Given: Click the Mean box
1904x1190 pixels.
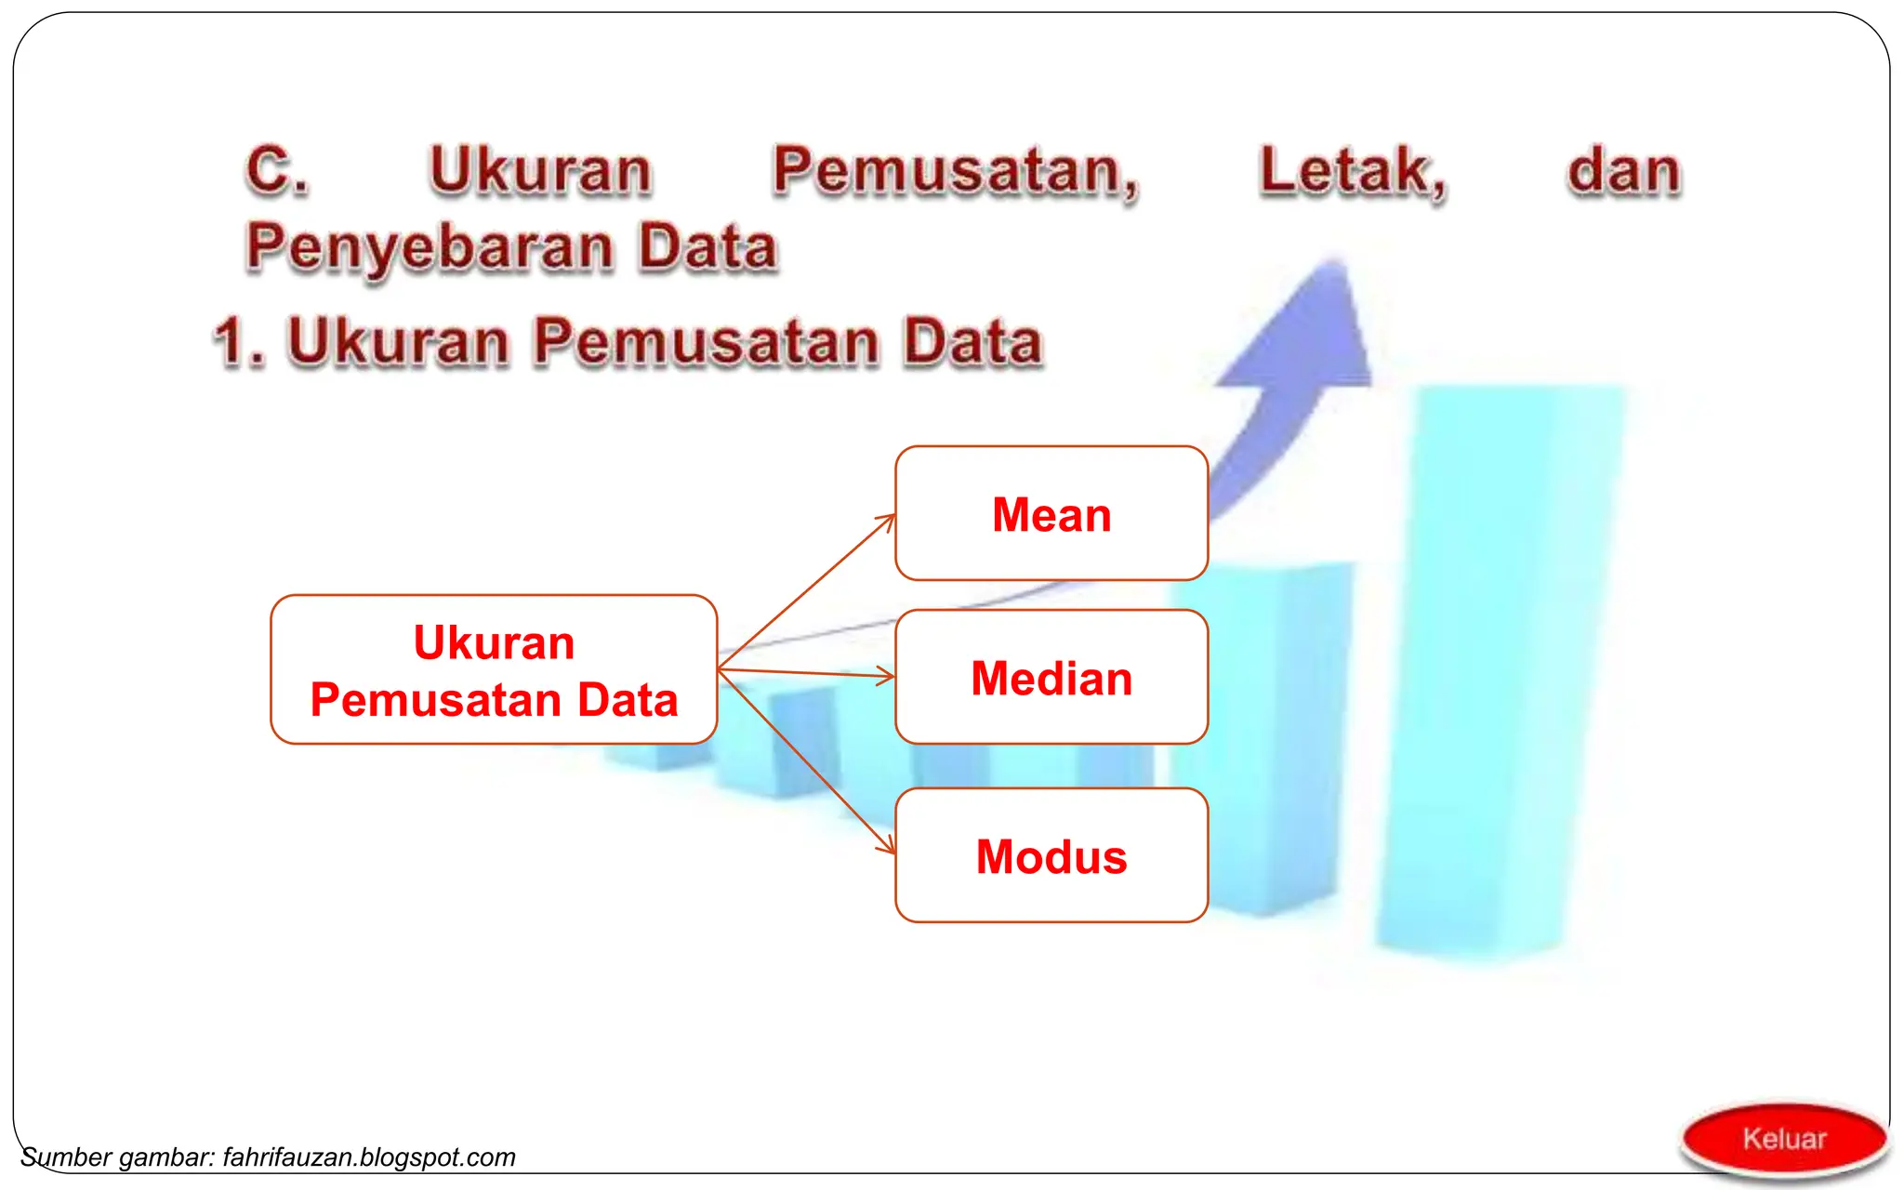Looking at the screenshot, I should coord(1051,514).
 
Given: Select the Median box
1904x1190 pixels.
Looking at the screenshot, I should coord(1051,678).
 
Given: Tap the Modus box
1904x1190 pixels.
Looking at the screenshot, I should coord(1051,856).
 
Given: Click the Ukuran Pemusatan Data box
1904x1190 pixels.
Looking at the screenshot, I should coord(494,670).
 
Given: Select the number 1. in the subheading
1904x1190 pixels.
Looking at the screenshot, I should coord(240,342).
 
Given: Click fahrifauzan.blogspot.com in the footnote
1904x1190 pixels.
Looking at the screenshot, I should coord(369,1157).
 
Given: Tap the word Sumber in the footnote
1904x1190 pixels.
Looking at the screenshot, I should coord(66,1157).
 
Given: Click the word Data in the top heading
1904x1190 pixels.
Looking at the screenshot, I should coord(708,249).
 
